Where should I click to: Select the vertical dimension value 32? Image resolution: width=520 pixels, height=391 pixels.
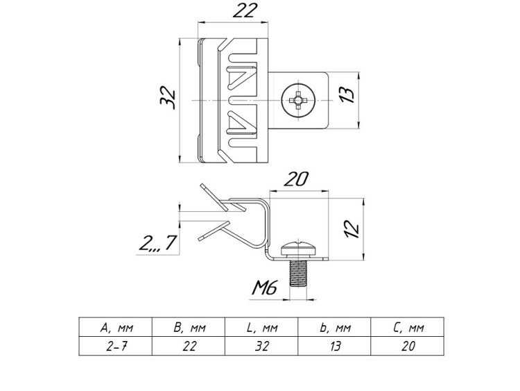[166, 98]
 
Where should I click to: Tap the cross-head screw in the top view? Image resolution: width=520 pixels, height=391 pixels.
[299, 101]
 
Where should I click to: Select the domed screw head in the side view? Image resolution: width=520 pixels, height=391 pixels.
[298, 248]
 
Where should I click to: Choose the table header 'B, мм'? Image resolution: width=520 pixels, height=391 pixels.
[187, 328]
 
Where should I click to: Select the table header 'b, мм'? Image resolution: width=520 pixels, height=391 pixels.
[335, 328]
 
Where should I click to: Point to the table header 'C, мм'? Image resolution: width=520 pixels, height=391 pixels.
[408, 328]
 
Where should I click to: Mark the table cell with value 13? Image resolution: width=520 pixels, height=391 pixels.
[335, 346]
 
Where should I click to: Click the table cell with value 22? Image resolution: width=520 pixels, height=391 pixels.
[187, 346]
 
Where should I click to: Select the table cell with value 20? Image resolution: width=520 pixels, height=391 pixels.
[408, 346]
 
